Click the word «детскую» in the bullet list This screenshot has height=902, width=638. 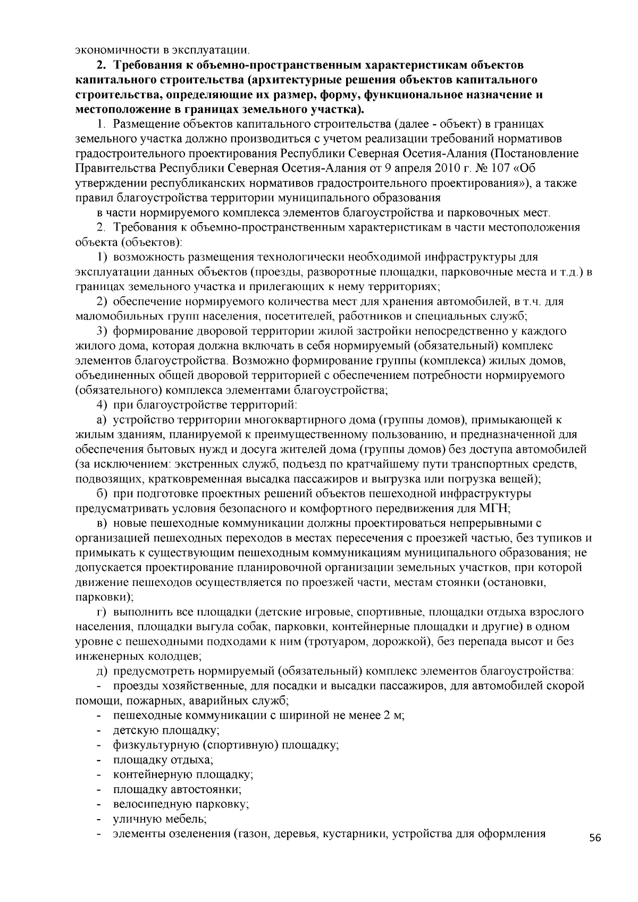click(x=134, y=730)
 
